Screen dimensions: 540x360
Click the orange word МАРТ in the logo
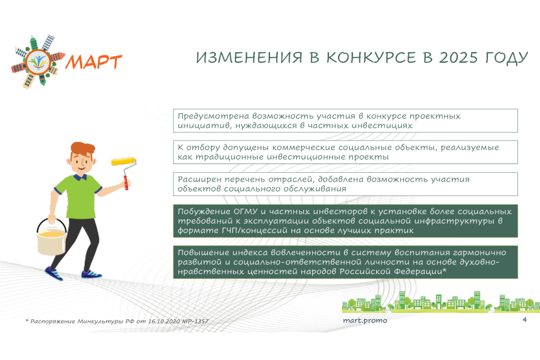pos(94,62)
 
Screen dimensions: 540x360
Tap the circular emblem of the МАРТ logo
pos(38,62)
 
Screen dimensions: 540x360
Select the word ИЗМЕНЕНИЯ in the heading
pos(249,58)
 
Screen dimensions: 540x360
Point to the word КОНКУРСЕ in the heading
pos(371,58)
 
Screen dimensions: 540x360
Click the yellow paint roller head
pos(123,161)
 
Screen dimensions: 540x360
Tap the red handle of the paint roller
pos(126,183)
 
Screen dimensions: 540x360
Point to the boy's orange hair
pos(83,149)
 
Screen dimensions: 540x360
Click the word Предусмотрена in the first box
pos(213,116)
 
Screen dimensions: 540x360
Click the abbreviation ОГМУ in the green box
pos(246,211)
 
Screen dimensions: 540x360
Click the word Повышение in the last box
pos(203,253)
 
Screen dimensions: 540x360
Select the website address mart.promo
pos(365,320)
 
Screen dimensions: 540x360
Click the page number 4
pos(524,320)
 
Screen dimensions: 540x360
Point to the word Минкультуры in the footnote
pos(100,322)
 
